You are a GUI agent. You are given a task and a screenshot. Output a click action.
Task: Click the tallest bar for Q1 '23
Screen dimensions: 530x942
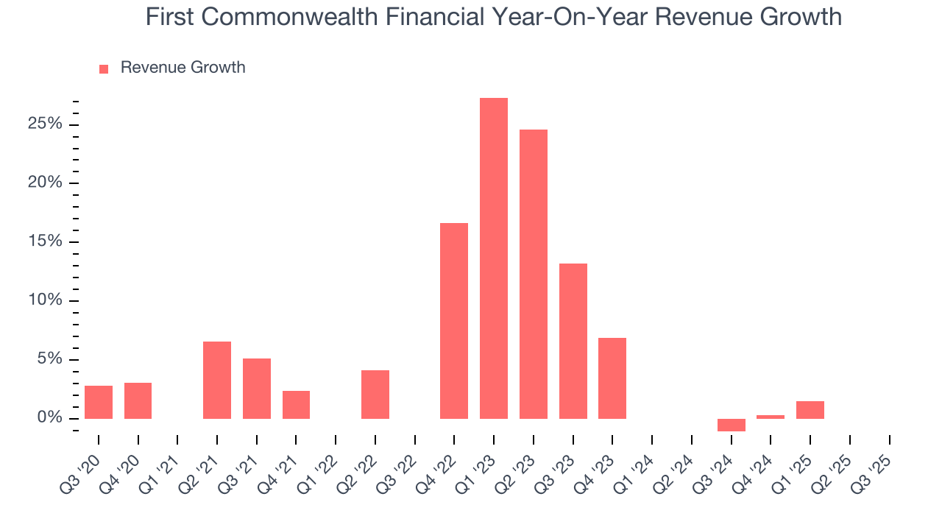[x=493, y=258]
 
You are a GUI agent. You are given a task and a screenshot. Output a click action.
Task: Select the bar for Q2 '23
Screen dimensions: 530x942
[x=533, y=274]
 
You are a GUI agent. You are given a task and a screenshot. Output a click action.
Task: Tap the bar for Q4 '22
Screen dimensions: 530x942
[x=454, y=321]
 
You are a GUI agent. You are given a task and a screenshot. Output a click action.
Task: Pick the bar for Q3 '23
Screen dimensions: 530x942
[x=573, y=341]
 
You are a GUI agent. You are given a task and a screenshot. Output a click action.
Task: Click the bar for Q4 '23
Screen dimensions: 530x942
[x=612, y=378]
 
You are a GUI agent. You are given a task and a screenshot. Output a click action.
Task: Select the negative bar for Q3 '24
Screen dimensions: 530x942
[x=731, y=425]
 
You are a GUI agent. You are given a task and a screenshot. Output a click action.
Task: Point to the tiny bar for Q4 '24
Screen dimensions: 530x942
[x=771, y=417]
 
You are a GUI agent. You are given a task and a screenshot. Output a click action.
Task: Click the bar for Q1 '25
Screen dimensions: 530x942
[x=810, y=410]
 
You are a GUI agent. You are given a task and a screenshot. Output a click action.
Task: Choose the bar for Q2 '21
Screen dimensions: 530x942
[x=217, y=380]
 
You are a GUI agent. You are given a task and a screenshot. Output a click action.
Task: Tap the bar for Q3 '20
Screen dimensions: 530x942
[x=99, y=402]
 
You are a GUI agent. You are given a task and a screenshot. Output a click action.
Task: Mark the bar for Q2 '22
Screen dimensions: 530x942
[x=375, y=395]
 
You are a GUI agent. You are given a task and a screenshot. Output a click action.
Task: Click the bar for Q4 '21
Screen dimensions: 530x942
[x=296, y=405]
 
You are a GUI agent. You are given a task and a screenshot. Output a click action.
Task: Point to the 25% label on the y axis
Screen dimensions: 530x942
[x=45, y=124]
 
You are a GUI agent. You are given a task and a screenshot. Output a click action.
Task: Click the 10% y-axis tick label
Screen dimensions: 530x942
[x=45, y=300]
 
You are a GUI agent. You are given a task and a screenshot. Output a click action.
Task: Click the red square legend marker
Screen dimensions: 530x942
[x=104, y=68]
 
